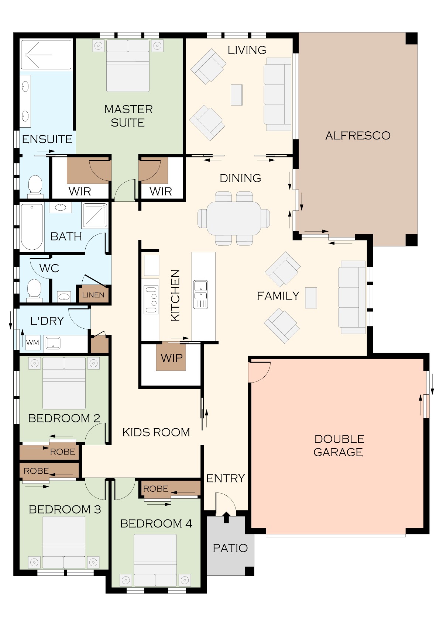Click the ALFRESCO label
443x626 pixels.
coord(358,135)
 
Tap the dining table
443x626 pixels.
coord(234,218)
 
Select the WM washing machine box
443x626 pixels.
coord(33,342)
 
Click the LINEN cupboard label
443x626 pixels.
coord(93,295)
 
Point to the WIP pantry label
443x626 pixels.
coord(171,358)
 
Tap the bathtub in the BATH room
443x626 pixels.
coord(32,226)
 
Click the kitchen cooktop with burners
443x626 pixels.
coord(151,299)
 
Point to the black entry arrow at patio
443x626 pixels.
coord(226,517)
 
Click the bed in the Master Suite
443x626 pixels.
coord(128,66)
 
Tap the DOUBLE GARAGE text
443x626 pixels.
coord(339,446)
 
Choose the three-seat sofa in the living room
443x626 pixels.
coord(278,94)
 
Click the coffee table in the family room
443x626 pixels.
coord(311,298)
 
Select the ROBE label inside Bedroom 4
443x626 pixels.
coord(156,488)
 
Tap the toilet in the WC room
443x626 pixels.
coord(34,290)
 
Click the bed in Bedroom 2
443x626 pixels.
coord(64,383)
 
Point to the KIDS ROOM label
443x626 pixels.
coord(156,432)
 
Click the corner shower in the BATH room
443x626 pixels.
coord(95,215)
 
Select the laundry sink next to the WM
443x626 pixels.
coord(53,343)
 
